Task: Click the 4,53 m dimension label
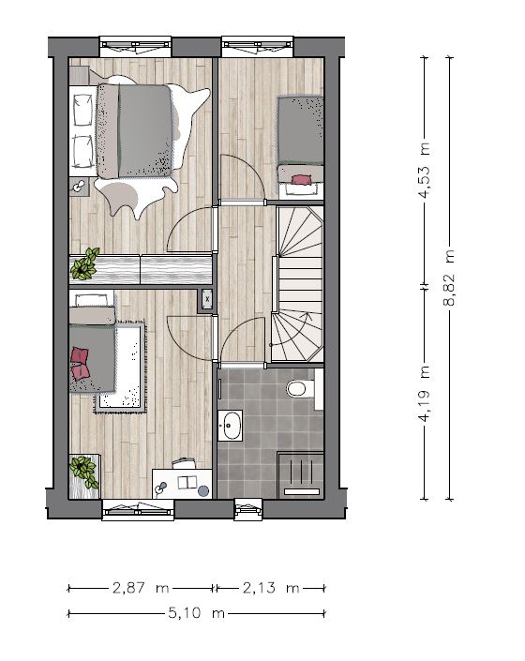click(425, 170)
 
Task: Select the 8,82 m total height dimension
click(450, 278)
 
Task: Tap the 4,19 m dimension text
click(425, 393)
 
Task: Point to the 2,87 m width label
click(141, 588)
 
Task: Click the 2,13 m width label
click(271, 588)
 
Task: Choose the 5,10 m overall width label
click(196, 612)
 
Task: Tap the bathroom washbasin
click(230, 426)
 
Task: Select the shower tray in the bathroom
click(300, 475)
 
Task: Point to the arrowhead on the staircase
click(307, 314)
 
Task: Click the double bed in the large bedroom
click(135, 130)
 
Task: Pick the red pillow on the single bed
click(300, 180)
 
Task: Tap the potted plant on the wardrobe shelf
click(84, 264)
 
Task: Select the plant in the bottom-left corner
click(84, 472)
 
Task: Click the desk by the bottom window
click(182, 483)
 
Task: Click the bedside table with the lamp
click(79, 187)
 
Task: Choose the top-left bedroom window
click(136, 46)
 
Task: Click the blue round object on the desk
click(203, 491)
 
